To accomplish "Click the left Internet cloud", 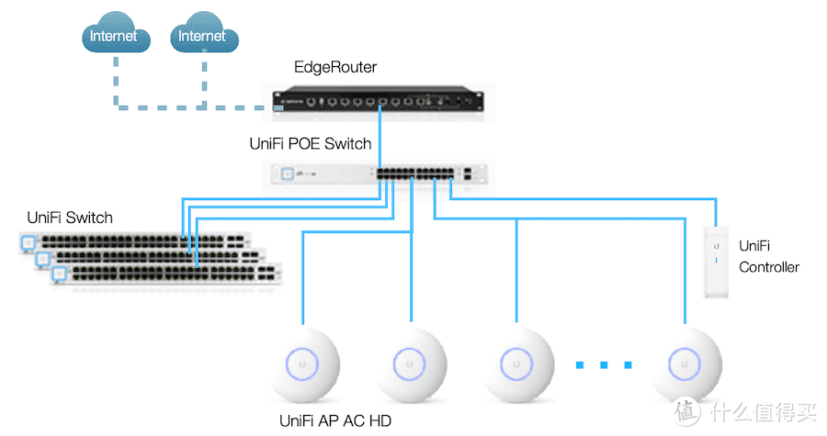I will click(x=114, y=37).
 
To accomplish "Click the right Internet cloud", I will click(x=203, y=37).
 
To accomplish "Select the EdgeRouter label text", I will click(x=335, y=67).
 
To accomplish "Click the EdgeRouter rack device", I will click(x=379, y=98).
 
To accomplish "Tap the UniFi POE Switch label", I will click(x=311, y=143).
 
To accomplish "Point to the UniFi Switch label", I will click(x=70, y=218).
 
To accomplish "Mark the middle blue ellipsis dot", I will click(x=605, y=365).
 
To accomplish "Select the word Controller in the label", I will click(x=769, y=267).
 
